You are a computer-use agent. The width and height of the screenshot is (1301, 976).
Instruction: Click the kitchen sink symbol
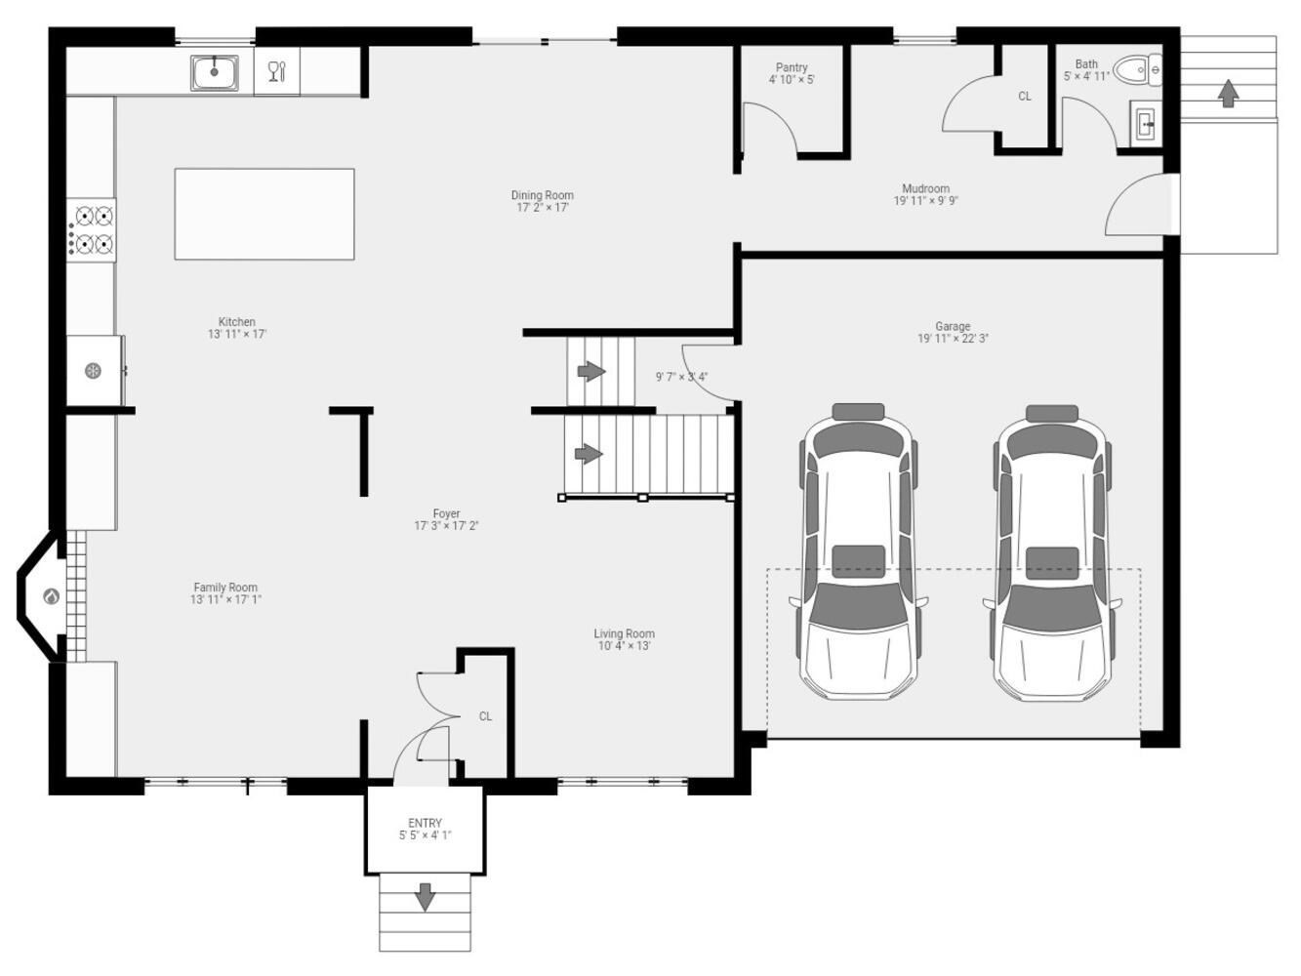[x=215, y=73]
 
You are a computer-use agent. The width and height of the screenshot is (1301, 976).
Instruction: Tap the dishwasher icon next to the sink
[x=276, y=71]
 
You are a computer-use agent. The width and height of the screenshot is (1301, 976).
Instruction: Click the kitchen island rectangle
[x=264, y=214]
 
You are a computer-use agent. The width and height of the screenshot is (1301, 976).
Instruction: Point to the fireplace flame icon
[x=51, y=596]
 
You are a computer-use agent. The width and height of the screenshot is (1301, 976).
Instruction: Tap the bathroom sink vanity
[x=1146, y=124]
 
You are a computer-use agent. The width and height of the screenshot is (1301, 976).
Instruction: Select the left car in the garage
[x=859, y=551]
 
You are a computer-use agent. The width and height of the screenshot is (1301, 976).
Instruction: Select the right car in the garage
[x=1052, y=552]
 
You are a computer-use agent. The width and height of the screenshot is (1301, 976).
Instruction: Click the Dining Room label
[x=543, y=195]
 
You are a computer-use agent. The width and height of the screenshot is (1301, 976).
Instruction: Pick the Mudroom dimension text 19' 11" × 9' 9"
[x=925, y=201]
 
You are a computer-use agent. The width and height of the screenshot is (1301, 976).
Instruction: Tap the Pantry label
[x=792, y=67]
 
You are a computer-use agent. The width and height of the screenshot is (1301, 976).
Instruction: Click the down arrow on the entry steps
[x=425, y=897]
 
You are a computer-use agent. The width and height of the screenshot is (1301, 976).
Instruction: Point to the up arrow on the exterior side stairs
[x=1228, y=94]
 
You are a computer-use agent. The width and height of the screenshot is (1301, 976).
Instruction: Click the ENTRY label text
[x=425, y=823]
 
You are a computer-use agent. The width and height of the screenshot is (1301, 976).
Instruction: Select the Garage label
[x=953, y=326]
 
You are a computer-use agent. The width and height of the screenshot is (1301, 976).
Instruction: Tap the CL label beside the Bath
[x=1024, y=97]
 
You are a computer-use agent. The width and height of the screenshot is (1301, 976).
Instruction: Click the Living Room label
[x=624, y=633]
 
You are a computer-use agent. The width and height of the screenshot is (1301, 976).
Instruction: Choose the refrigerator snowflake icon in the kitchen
[x=93, y=371]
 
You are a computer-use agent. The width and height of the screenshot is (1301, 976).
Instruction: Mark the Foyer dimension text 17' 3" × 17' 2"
[x=446, y=526]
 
